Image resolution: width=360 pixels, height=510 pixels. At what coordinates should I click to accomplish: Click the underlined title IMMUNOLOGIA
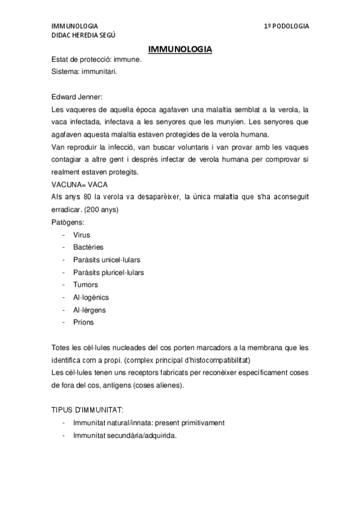point(180,49)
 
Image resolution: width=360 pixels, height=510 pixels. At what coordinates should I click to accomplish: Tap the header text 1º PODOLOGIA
point(286,26)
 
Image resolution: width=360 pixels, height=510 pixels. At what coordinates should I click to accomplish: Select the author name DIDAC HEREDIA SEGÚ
point(84,36)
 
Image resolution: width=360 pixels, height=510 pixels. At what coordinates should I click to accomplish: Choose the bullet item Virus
point(82,235)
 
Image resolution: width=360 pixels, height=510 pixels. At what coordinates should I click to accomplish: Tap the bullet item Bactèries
point(88,247)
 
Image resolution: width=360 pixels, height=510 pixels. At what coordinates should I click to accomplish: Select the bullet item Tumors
point(85,284)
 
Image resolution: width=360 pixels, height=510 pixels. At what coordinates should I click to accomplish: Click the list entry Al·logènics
point(91,297)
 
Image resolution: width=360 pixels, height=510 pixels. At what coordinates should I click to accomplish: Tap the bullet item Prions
point(84,322)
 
